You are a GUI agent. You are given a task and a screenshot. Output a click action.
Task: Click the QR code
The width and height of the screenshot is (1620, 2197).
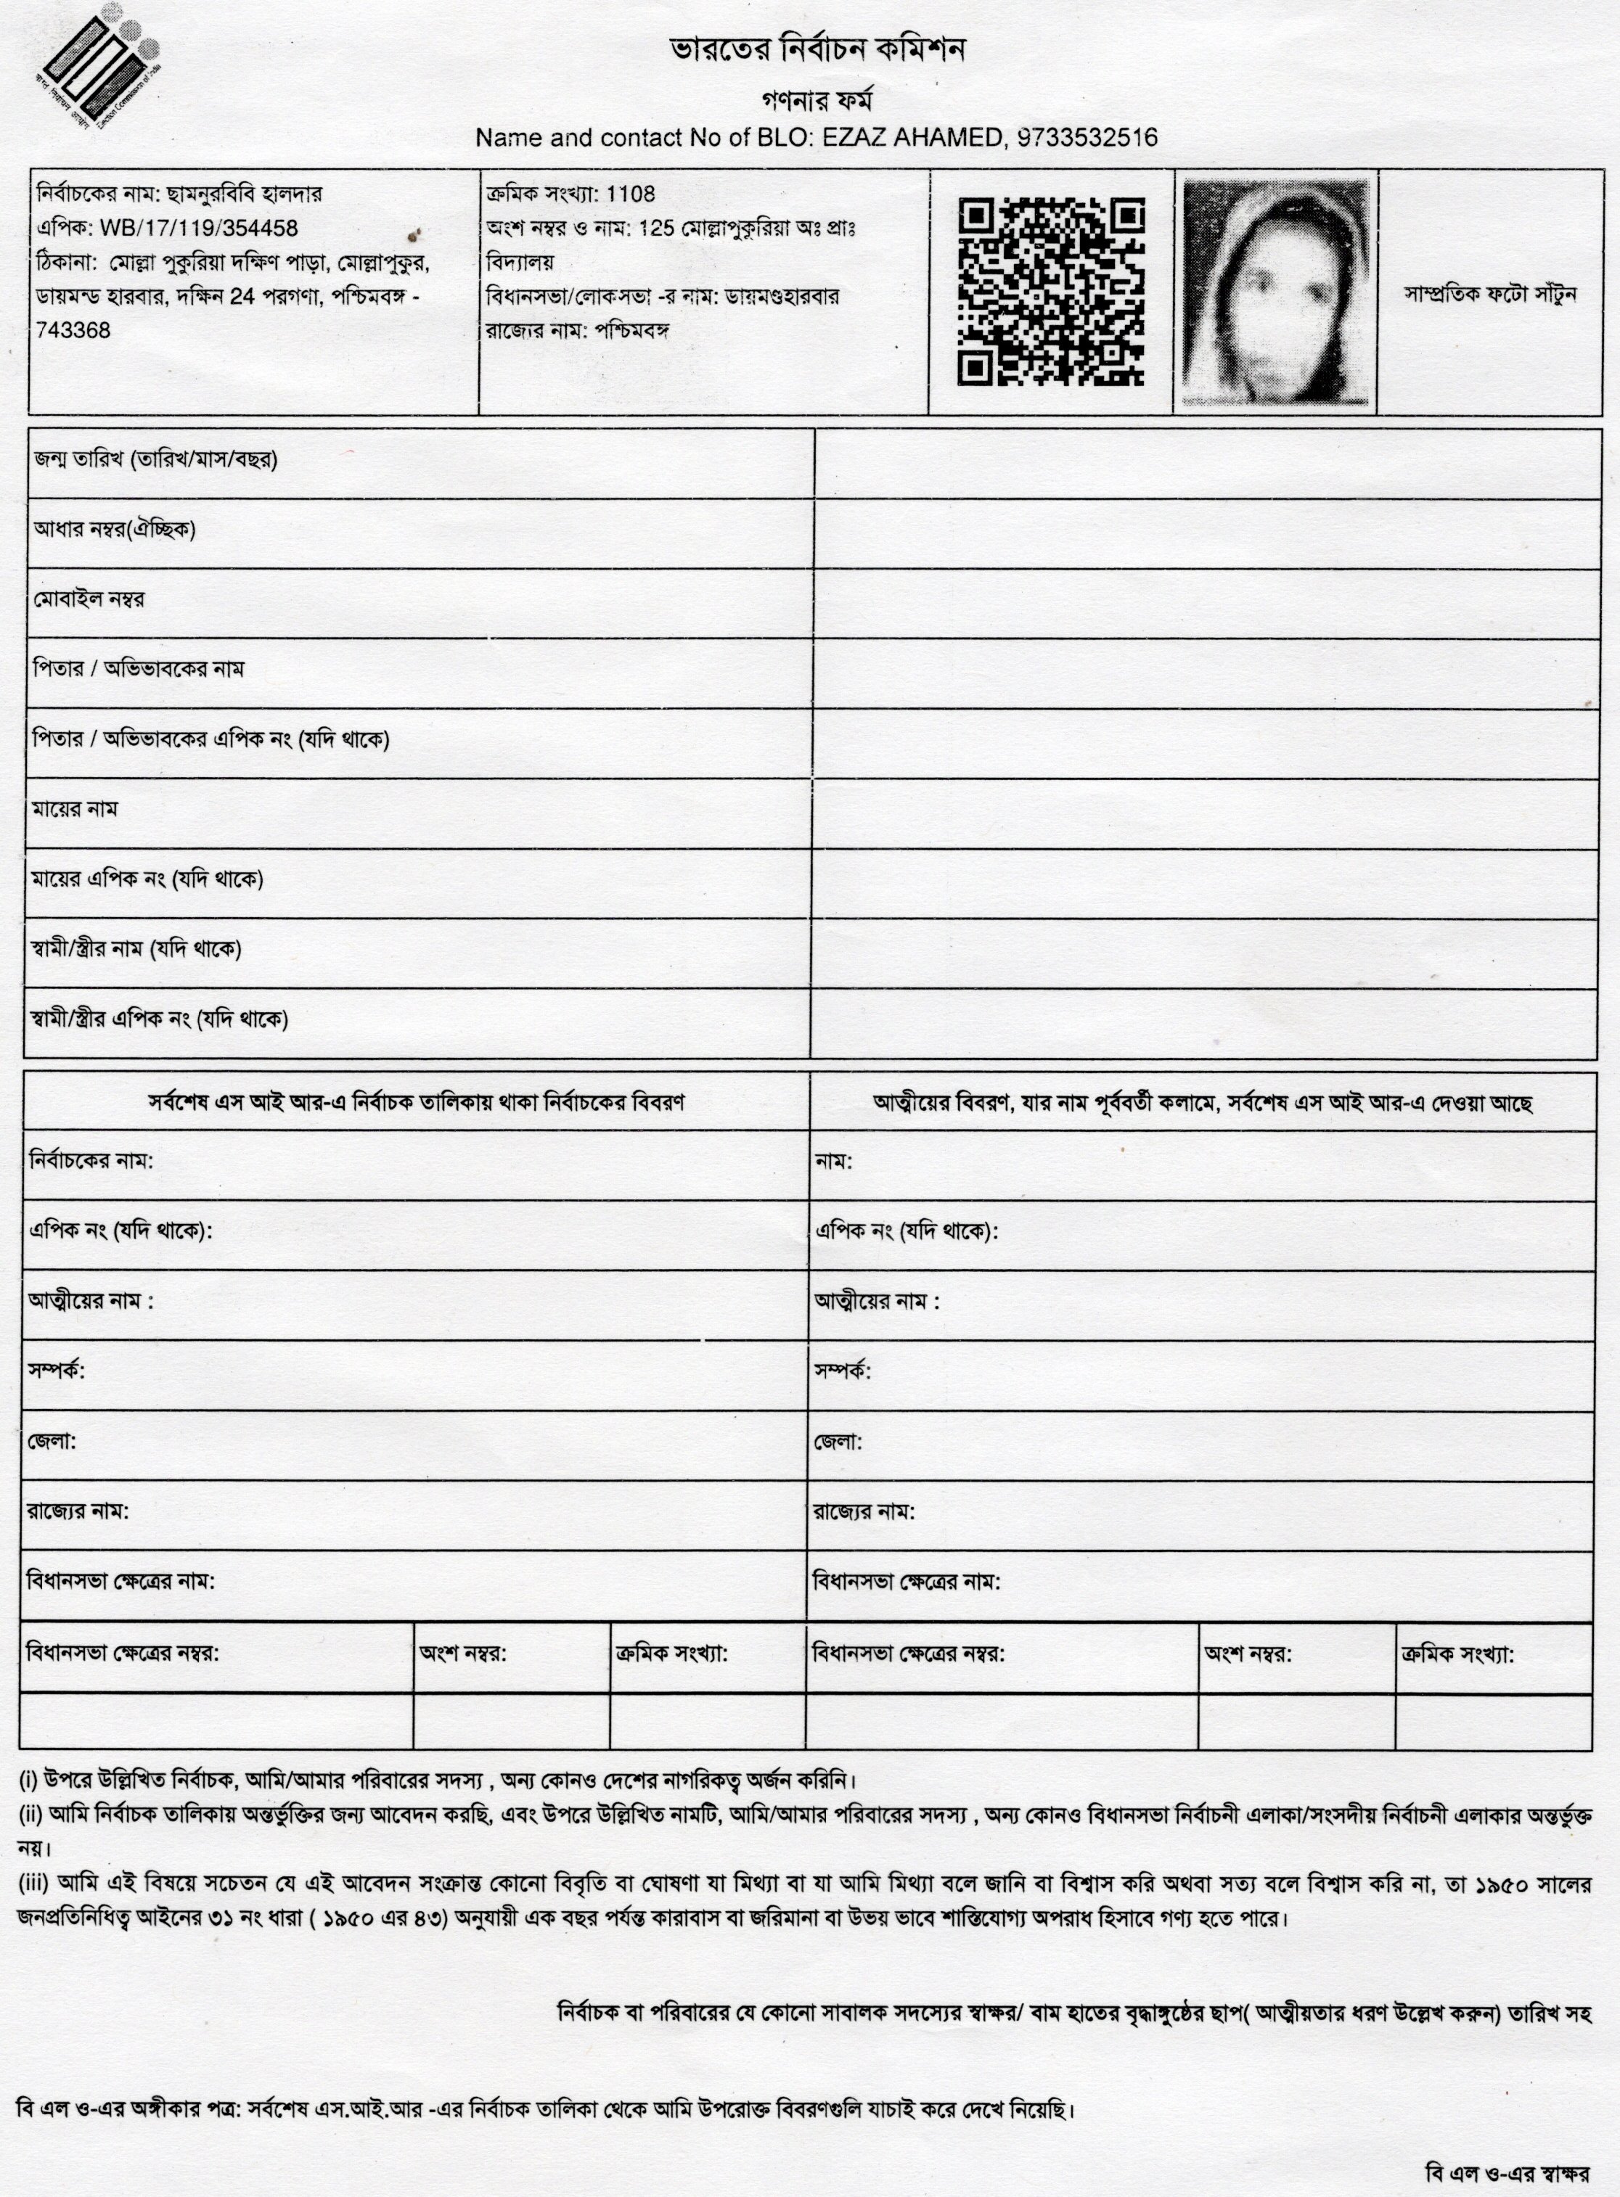[1050, 290]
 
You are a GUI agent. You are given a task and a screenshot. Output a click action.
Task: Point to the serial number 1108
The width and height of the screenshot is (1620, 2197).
[631, 194]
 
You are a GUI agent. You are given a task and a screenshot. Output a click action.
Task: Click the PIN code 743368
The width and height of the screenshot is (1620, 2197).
[73, 330]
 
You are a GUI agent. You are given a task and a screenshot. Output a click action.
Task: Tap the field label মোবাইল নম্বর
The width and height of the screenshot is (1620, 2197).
[89, 599]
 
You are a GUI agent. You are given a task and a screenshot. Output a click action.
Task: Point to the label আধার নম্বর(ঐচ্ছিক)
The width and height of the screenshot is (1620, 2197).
[115, 530]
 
